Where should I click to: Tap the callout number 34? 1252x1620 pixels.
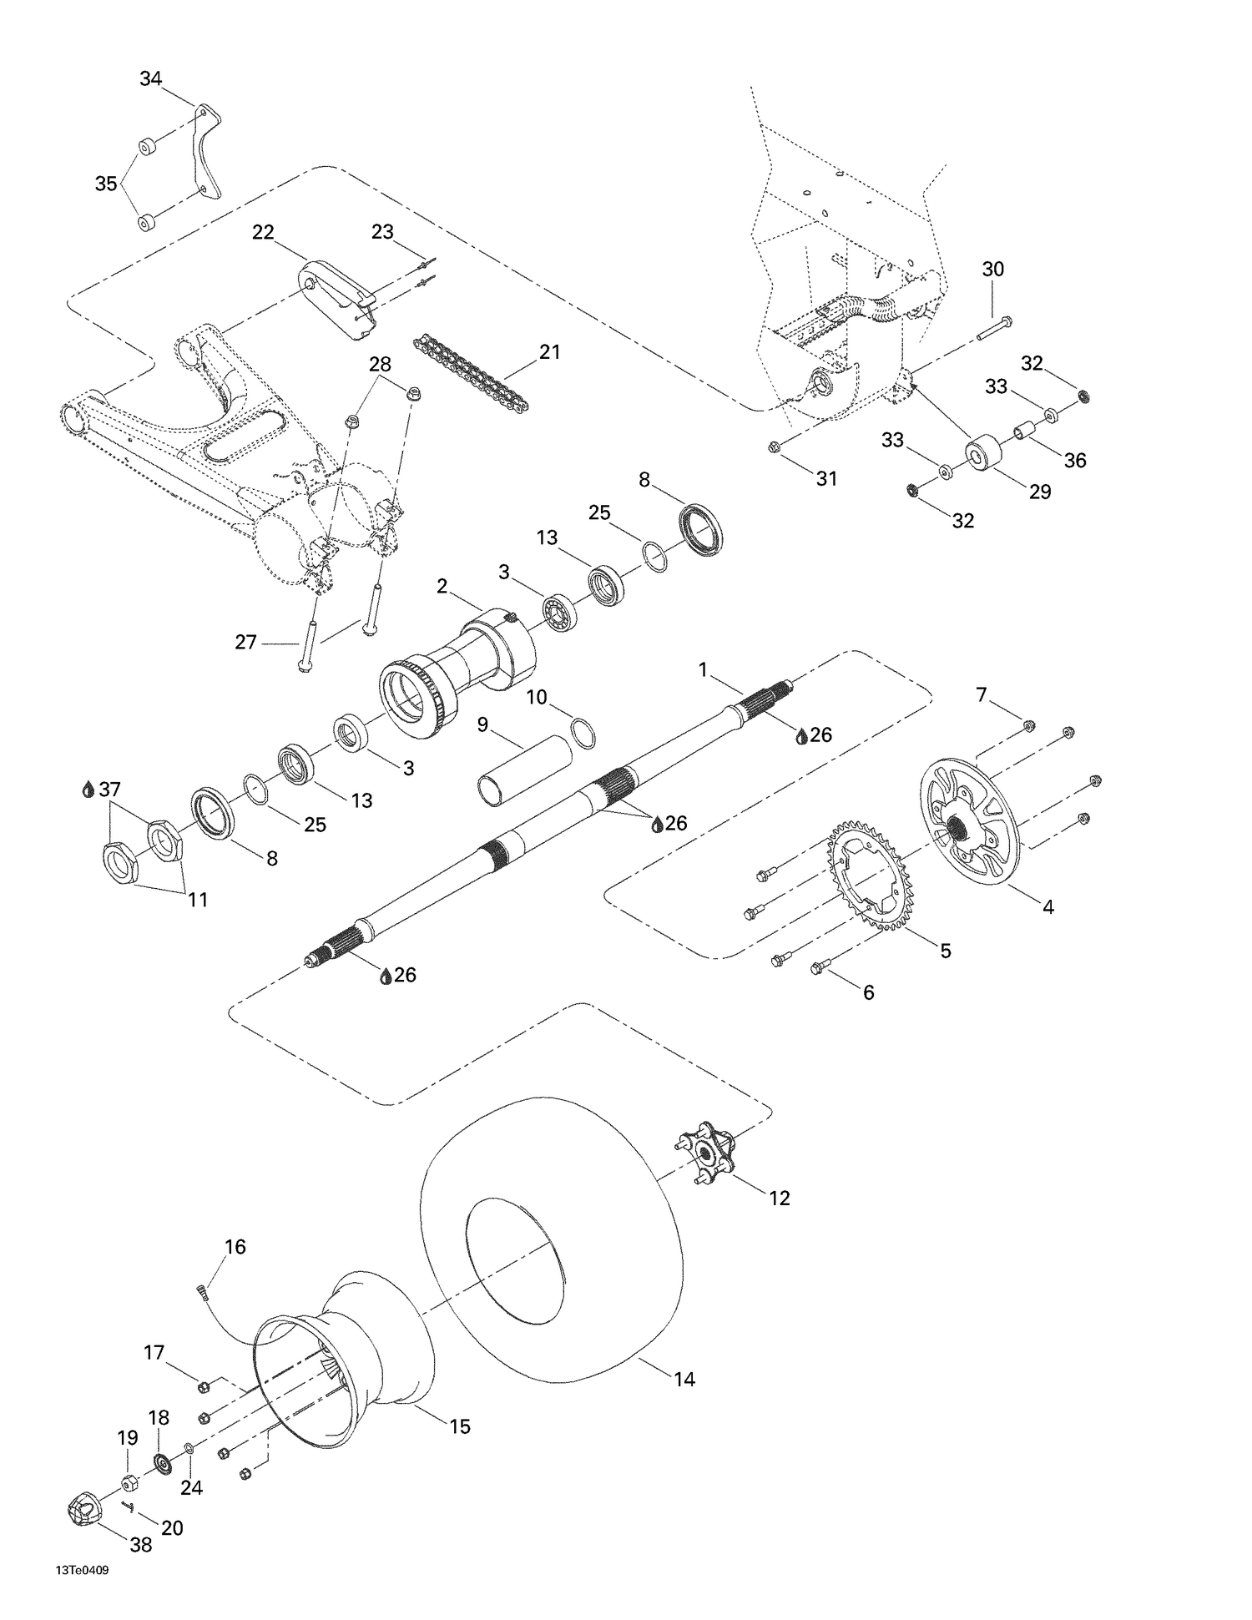[151, 79]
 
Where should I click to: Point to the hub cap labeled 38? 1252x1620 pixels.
[82, 1509]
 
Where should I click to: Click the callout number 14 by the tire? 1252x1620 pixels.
[684, 1380]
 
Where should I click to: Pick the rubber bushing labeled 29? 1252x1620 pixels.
[983, 453]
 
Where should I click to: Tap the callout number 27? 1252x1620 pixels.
[245, 643]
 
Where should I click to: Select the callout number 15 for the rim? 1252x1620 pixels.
[460, 1426]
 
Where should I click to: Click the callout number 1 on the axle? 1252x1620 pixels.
[703, 669]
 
